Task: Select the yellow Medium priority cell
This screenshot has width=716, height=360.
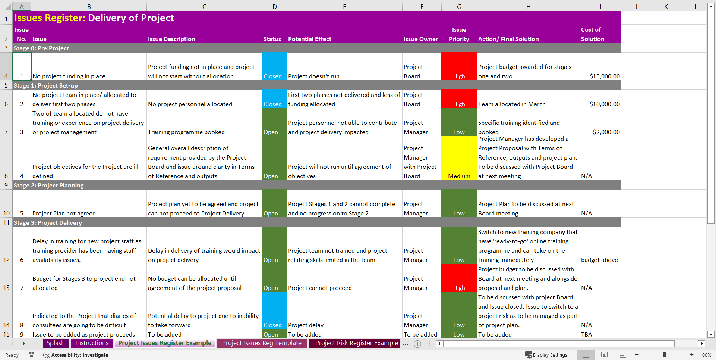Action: [x=459, y=158]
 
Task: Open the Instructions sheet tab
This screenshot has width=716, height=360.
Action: [x=92, y=343]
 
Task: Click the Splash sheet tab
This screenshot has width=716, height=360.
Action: [x=56, y=343]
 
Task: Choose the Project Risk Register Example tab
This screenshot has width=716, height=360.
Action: [x=356, y=343]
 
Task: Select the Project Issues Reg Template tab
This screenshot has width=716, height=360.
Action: [x=262, y=343]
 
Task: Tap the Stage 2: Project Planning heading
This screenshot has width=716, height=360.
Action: [x=49, y=185]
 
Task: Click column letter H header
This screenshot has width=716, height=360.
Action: [x=528, y=7]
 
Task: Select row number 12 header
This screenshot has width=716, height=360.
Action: [x=6, y=260]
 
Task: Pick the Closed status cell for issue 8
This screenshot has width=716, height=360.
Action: [x=274, y=311]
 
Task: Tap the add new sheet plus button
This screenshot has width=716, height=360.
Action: [x=417, y=344]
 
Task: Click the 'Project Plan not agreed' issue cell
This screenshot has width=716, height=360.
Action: [x=89, y=213]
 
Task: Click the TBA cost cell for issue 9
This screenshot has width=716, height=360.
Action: [x=600, y=334]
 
